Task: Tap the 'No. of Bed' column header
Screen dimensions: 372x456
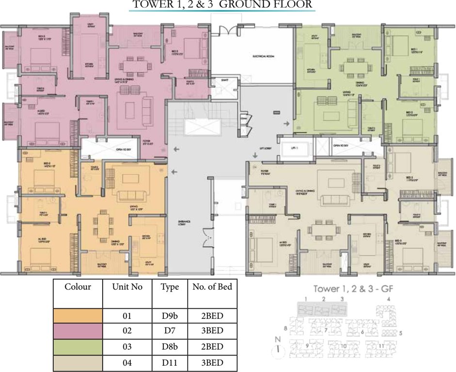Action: click(212, 287)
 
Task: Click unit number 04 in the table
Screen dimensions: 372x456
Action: click(127, 362)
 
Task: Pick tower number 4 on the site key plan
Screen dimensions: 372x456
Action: click(389, 299)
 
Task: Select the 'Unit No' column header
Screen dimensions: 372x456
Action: click(127, 287)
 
